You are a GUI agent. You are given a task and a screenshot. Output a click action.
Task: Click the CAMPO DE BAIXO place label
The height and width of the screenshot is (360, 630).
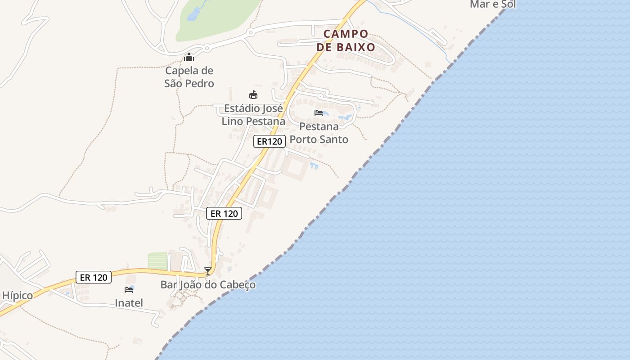coord(346,40)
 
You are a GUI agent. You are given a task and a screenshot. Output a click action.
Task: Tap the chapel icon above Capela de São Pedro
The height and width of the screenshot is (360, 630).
coord(189,58)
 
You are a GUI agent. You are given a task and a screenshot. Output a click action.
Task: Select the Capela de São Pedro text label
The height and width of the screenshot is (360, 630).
coord(189,77)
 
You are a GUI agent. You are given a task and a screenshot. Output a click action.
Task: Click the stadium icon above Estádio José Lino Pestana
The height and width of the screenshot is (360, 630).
coord(253,94)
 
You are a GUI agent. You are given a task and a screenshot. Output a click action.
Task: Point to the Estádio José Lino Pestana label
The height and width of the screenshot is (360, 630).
coord(253,115)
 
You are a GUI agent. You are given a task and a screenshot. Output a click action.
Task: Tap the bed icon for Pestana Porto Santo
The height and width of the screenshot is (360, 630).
coord(319,112)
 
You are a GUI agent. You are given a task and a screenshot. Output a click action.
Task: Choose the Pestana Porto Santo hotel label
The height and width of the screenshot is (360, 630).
coord(319,133)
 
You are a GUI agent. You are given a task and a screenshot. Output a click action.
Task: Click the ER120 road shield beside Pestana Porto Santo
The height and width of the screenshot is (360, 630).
coord(269,141)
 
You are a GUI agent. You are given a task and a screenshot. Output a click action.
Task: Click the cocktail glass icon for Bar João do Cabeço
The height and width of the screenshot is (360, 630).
coord(208,271)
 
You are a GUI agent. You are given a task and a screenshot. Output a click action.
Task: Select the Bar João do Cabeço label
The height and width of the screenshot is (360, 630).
coord(208,285)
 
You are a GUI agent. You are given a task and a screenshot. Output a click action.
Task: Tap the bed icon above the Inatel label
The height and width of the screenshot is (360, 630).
coord(129,289)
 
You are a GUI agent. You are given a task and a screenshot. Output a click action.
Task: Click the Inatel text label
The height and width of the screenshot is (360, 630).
coord(129,303)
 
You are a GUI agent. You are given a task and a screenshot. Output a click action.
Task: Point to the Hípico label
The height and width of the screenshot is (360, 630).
coord(17,296)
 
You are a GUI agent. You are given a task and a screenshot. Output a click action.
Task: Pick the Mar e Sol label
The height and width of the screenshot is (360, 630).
coord(492,4)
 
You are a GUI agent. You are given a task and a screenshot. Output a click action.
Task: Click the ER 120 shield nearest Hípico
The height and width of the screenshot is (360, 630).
coord(93,277)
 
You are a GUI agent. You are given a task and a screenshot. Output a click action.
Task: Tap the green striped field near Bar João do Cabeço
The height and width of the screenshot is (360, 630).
coord(157,261)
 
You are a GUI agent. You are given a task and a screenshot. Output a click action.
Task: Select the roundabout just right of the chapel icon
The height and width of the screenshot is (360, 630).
coord(207,48)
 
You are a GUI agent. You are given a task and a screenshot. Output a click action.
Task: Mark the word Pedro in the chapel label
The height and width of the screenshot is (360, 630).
coord(199,83)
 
